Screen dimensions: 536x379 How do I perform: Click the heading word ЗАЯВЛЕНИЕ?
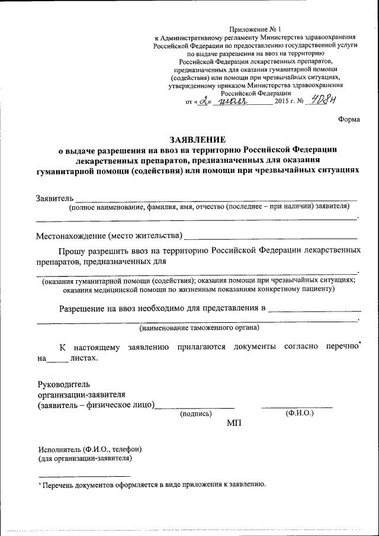[198, 140]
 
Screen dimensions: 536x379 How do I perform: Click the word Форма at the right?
[349, 119]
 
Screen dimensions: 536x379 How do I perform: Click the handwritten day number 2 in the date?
[205, 101]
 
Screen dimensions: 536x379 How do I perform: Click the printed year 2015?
[282, 102]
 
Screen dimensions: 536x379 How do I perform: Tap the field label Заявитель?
[54, 197]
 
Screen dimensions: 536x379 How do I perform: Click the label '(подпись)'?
[195, 414]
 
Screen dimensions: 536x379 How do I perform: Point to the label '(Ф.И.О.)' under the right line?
[299, 412]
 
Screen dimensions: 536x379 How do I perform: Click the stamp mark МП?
[235, 423]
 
